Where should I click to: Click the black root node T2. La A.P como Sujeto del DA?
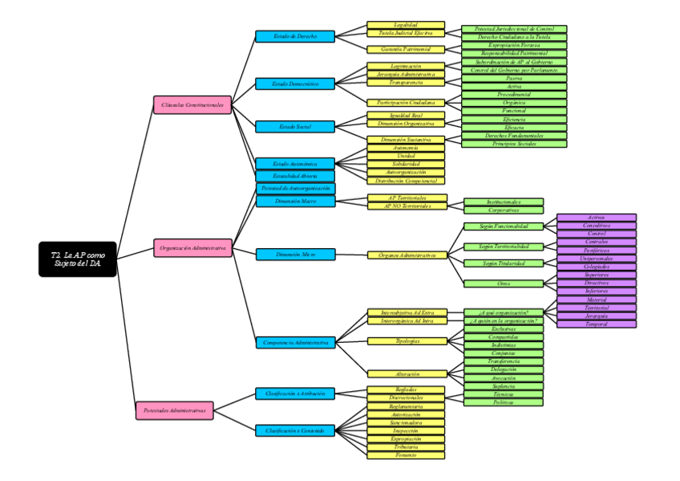click(x=78, y=259)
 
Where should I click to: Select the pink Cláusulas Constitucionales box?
click(x=192, y=104)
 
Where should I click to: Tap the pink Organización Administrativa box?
click(x=193, y=249)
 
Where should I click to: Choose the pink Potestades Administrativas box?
click(x=175, y=410)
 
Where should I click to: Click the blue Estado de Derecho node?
click(x=295, y=36)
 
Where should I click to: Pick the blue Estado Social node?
click(x=295, y=126)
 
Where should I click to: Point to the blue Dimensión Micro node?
click(x=295, y=255)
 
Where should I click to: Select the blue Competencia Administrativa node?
click(x=295, y=343)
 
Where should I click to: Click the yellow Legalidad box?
click(x=406, y=25)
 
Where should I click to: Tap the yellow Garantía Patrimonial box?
click(x=406, y=49)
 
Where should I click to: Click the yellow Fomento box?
click(x=406, y=455)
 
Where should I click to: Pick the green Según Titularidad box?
click(x=504, y=263)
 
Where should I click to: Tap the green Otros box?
click(x=504, y=283)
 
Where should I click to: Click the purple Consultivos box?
click(x=596, y=226)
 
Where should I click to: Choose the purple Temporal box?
click(x=596, y=324)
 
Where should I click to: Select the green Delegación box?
click(x=504, y=369)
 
